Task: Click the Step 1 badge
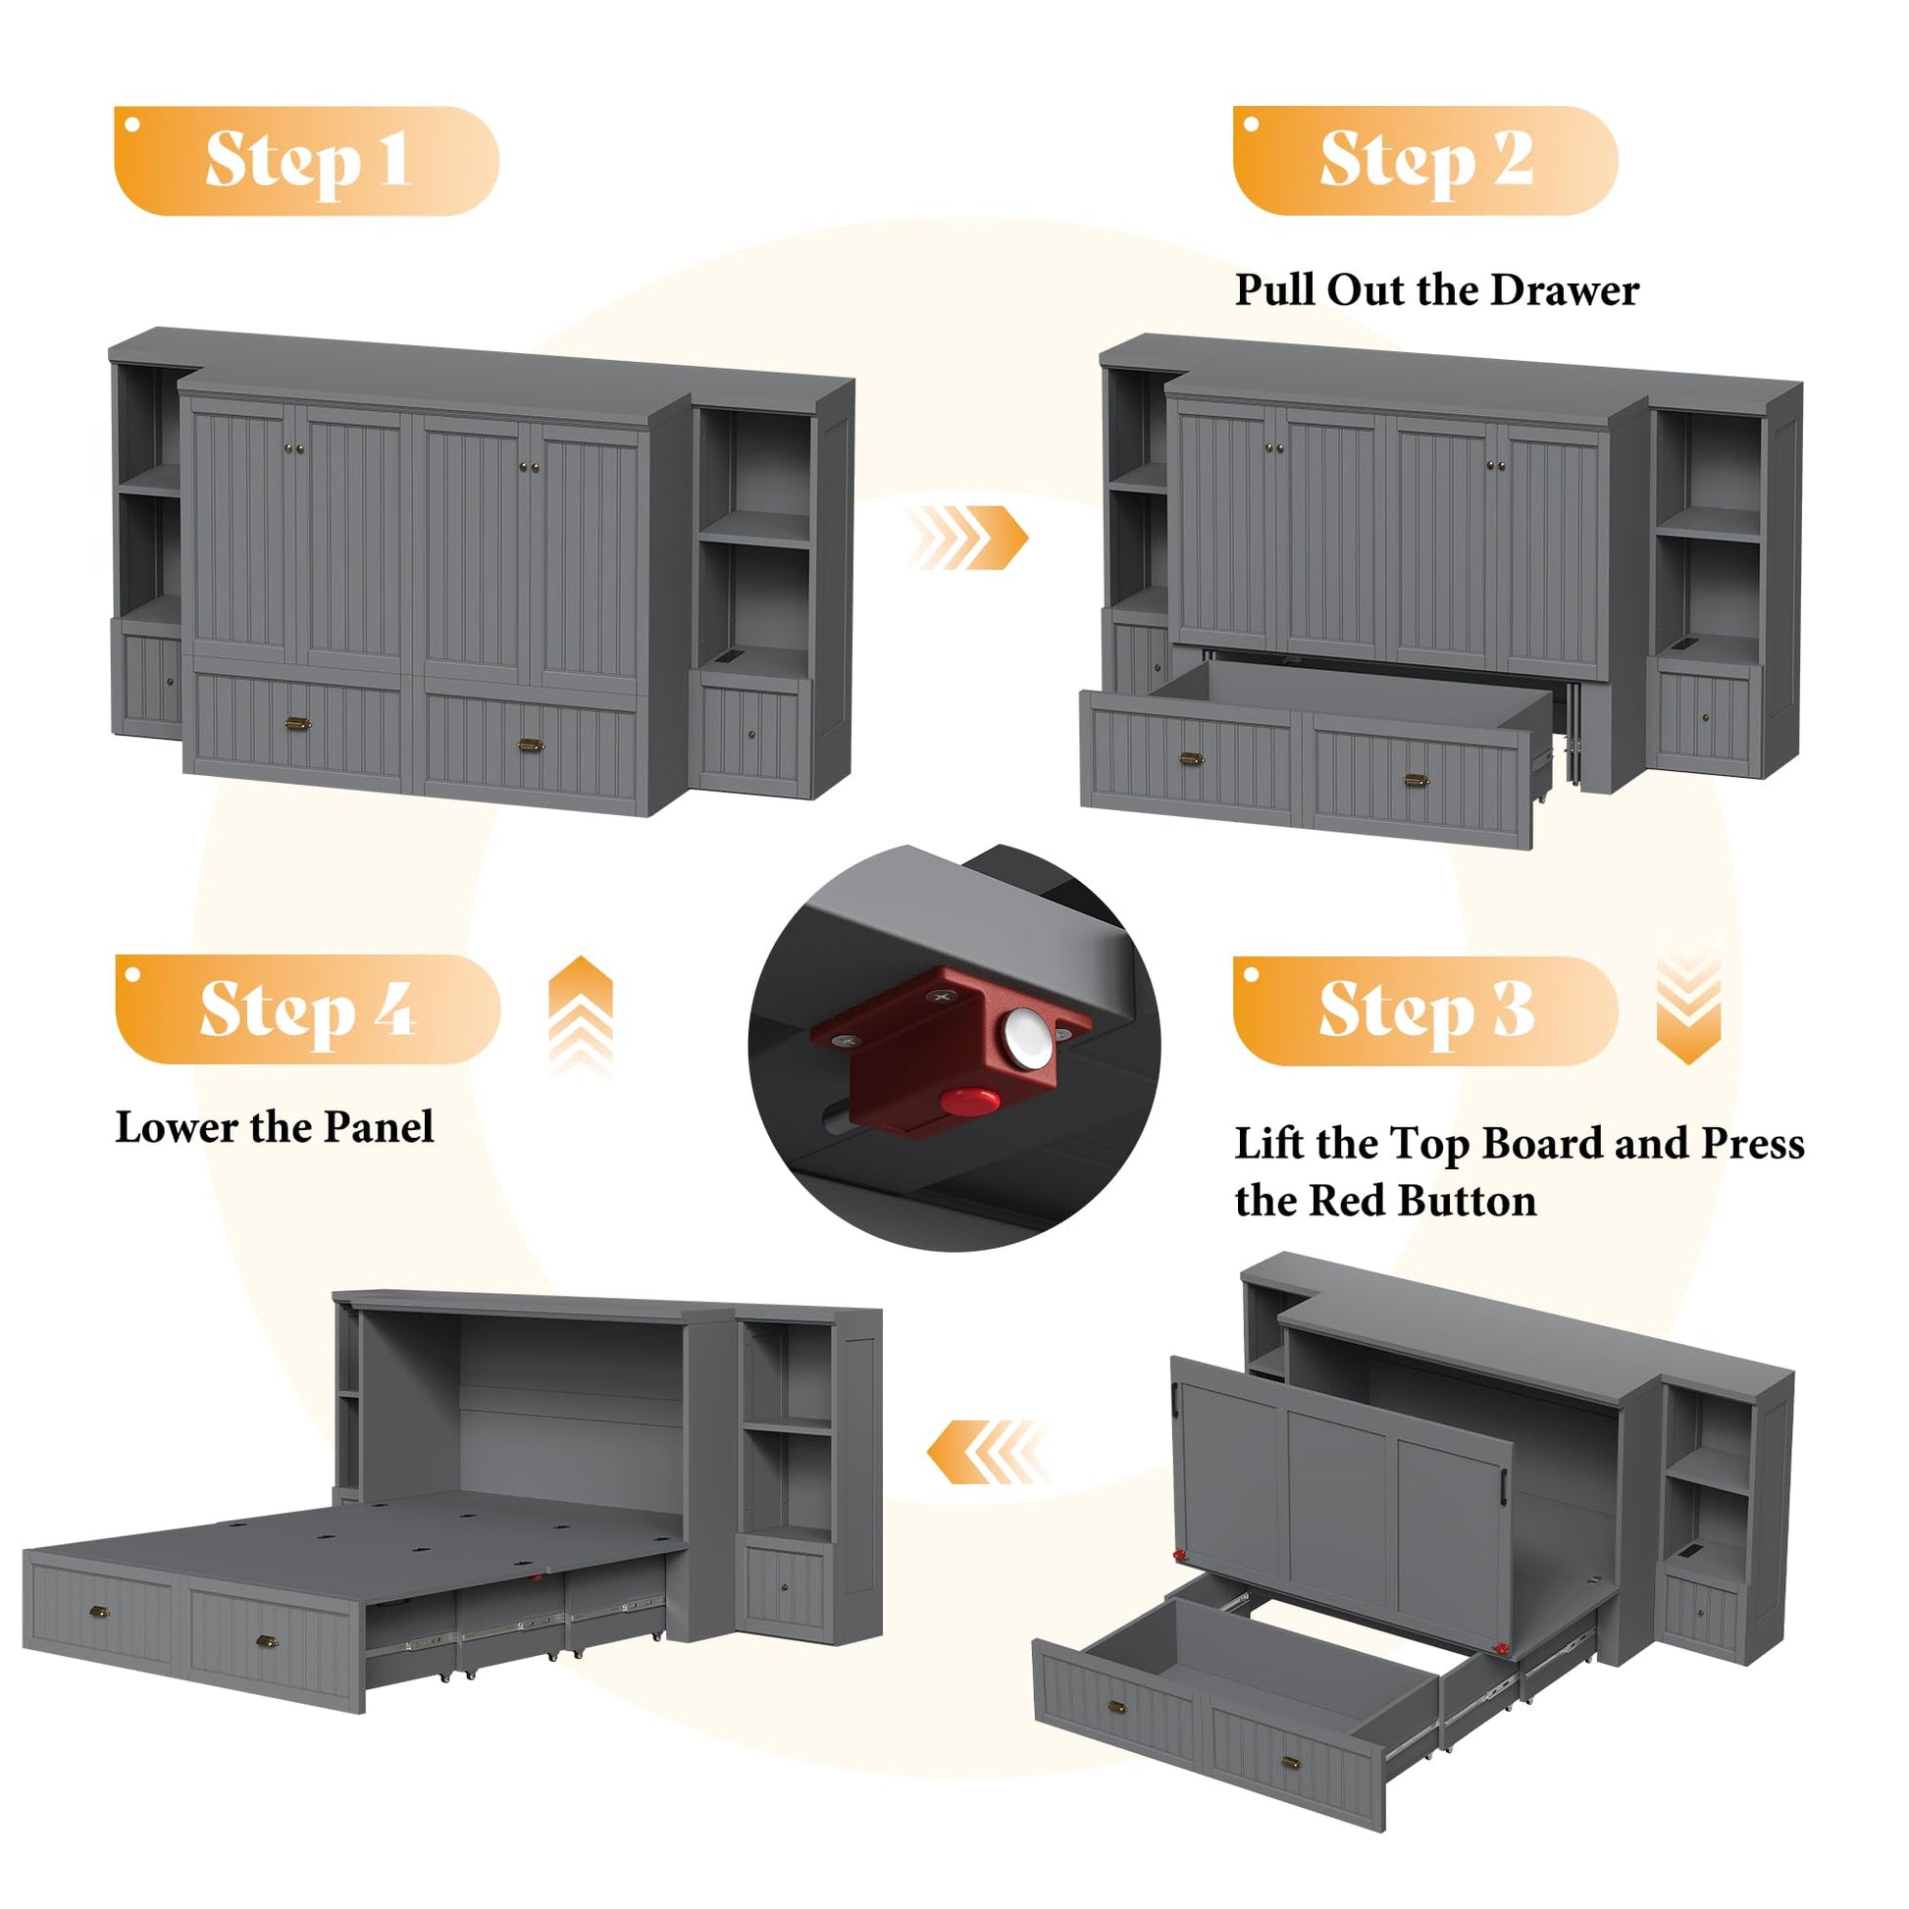306,161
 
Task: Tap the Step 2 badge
1424,160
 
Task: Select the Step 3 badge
1424,1009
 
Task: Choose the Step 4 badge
307,1008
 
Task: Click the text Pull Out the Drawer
1437,291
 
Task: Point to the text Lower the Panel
275,1127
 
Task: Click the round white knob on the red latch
1029,1040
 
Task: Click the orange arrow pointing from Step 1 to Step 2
968,537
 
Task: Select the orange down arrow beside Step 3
1688,1003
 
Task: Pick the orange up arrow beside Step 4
581,1014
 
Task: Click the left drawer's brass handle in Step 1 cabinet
297,724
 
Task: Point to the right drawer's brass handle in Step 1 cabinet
532,744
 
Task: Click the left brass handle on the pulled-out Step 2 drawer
1192,759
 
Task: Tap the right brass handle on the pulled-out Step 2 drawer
1416,781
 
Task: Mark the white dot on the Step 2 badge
1251,125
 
